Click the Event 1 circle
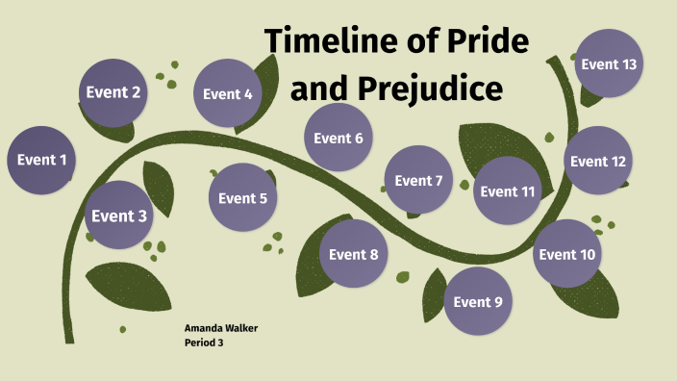point(42,160)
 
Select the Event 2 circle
point(113,93)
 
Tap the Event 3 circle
point(119,216)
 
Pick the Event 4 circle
point(228,94)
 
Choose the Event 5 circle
point(242,198)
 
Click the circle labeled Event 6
point(338,138)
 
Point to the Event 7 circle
point(418,181)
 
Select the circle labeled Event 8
point(353,254)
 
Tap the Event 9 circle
point(478,301)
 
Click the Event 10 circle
point(567,254)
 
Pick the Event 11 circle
point(507,190)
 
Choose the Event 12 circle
point(597,161)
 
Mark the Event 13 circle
point(609,64)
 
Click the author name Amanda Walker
point(221,328)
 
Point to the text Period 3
point(204,343)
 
